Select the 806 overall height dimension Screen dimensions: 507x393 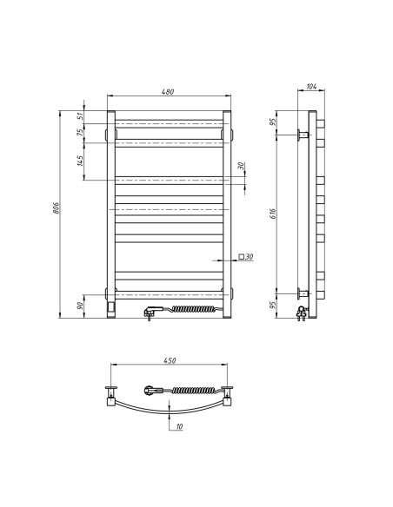click(x=57, y=208)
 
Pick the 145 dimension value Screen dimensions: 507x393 click(x=79, y=161)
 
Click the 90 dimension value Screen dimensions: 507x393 click(x=79, y=305)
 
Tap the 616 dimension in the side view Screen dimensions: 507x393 click(x=275, y=214)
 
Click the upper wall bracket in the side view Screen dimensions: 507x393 click(x=302, y=135)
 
